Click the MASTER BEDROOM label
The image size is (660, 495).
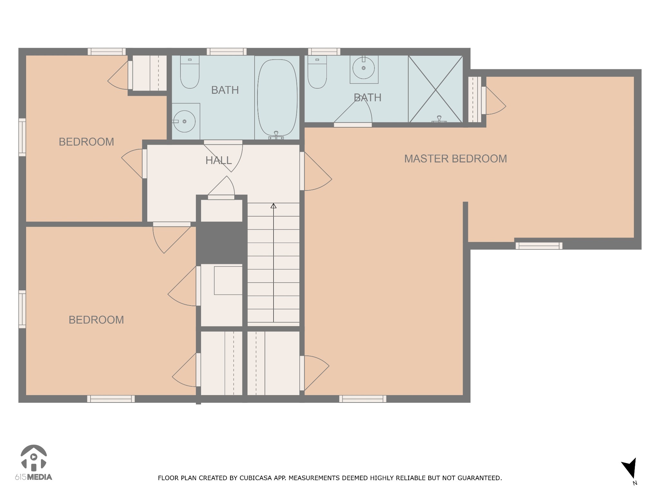pyautogui.click(x=455, y=159)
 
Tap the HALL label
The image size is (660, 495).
pyautogui.click(x=218, y=160)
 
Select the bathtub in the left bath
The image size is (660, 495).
pyautogui.click(x=277, y=98)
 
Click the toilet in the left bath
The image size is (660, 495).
pyautogui.click(x=190, y=72)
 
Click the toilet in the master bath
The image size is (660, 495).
pyautogui.click(x=317, y=72)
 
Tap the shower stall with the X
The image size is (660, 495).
pyautogui.click(x=435, y=89)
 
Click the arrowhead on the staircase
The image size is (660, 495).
pyautogui.click(x=274, y=206)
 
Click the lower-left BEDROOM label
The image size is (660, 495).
pyautogui.click(x=96, y=320)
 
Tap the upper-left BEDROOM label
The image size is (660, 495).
pyautogui.click(x=86, y=142)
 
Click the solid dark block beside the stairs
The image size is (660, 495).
pyautogui.click(x=221, y=243)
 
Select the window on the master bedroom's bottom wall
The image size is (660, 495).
pyautogui.click(x=363, y=399)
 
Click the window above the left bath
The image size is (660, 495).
pyautogui.click(x=227, y=52)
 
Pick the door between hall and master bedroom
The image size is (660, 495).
pyautogui.click(x=316, y=171)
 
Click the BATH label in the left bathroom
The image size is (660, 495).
pyautogui.click(x=225, y=90)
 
